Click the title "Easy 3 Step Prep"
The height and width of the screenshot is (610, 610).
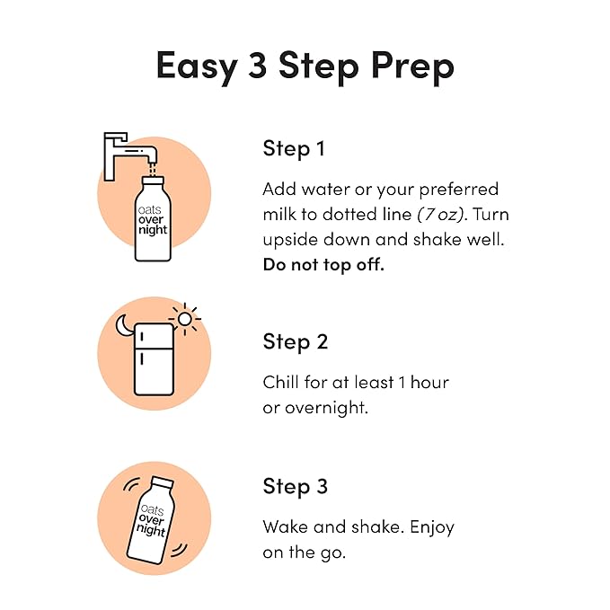[x=305, y=66]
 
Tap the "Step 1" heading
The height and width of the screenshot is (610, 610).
[x=294, y=149]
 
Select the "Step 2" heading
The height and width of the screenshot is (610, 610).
[x=296, y=342]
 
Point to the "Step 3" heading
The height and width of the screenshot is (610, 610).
[x=296, y=487]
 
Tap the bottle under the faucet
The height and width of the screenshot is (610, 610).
[x=153, y=218]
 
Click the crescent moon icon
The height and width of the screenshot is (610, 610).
[x=124, y=325]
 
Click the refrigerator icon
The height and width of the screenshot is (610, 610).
[x=154, y=359]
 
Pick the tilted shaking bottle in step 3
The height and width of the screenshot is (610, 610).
[x=151, y=520]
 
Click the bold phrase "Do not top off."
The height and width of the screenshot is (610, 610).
[x=323, y=265]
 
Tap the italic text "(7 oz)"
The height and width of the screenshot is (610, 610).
[x=441, y=215]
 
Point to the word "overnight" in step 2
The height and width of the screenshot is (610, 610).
[x=327, y=408]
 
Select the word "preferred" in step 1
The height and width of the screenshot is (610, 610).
[x=459, y=190]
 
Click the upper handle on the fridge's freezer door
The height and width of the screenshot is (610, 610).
[x=142, y=336]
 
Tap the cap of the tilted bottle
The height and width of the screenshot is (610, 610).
[x=163, y=482]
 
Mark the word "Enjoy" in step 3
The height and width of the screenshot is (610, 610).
[x=432, y=528]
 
